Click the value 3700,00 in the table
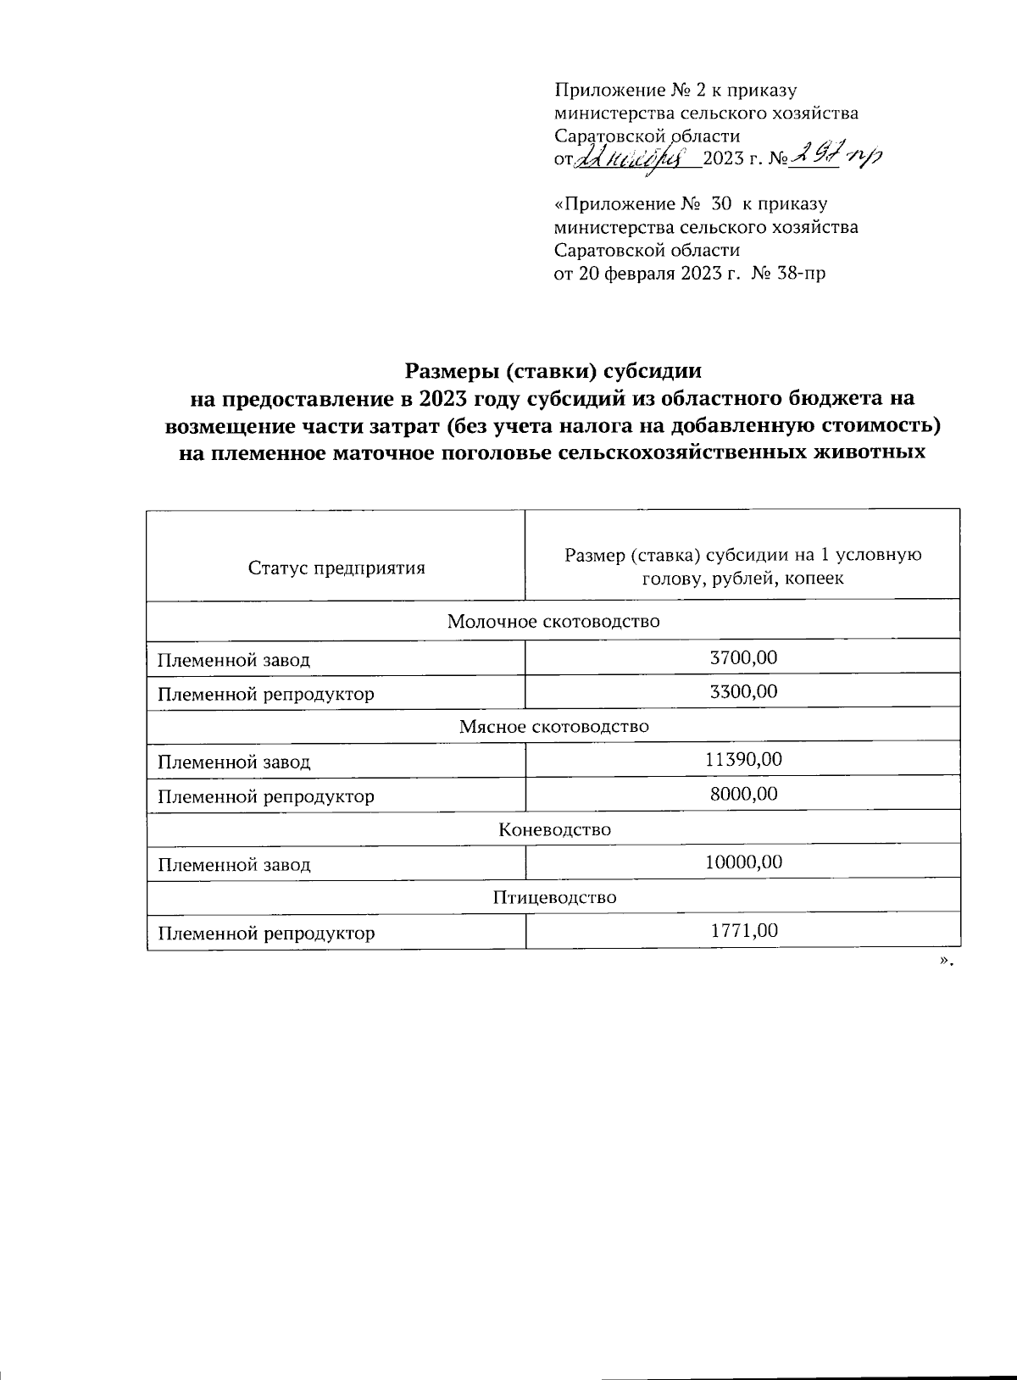743,657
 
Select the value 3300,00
743,691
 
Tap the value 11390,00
743,760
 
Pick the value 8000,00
743,794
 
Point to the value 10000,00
743,862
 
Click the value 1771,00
743,931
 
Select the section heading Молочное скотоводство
553,622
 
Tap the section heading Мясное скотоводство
553,726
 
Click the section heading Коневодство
554,829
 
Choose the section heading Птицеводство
554,897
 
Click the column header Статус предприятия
336,568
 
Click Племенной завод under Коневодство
234,865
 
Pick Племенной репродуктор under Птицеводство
265,934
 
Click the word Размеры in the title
446,371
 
